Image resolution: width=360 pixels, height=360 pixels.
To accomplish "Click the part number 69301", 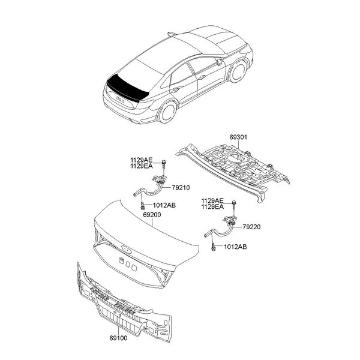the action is click(x=238, y=137).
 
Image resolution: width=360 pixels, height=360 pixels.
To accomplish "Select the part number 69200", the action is click(x=152, y=215).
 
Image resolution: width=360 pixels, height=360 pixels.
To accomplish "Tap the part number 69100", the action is click(x=118, y=338).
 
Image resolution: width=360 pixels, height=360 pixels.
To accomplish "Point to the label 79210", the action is click(x=181, y=188).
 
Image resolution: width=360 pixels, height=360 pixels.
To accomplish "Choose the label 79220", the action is click(x=251, y=227).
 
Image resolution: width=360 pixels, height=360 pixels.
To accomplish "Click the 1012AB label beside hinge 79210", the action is click(x=164, y=205).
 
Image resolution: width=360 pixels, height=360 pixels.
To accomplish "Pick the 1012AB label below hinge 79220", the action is click(x=235, y=247).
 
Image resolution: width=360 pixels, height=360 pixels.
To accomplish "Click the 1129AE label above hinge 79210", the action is click(x=142, y=160).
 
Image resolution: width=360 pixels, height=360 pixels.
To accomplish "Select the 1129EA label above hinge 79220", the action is click(x=212, y=207).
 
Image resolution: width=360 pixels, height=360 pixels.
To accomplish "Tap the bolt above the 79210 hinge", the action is click(x=164, y=164).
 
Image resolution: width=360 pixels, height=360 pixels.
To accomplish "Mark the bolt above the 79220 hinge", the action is click(x=235, y=204).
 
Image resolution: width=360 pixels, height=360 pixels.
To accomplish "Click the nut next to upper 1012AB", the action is click(x=142, y=206).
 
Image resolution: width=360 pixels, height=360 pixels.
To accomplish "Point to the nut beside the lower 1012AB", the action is click(x=213, y=247).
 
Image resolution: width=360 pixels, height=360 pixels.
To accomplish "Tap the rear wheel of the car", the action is click(x=167, y=112).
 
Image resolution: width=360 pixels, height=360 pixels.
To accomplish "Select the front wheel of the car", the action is click(x=239, y=71).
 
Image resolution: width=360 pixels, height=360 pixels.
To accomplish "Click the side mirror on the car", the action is click(x=171, y=34).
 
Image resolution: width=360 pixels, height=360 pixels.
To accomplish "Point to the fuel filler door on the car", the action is click(x=219, y=62).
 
